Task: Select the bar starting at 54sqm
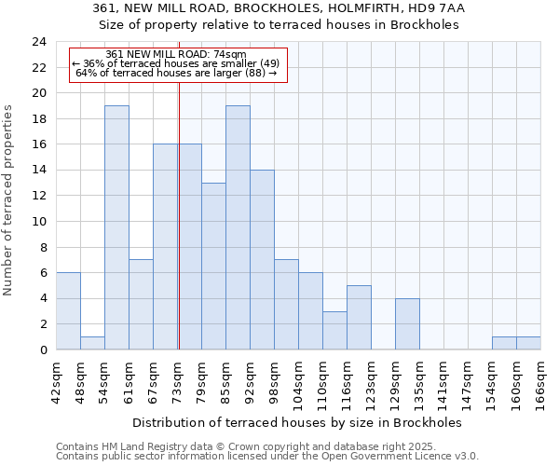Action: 116,227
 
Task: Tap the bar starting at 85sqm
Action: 238,227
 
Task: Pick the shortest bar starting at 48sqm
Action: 92,343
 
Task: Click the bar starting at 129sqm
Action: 407,323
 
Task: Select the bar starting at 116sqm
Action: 359,317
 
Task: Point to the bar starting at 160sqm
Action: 528,343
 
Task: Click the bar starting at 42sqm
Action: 68,311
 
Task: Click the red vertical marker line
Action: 178,233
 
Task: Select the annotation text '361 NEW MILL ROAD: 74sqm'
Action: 176,55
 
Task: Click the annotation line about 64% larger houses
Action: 176,74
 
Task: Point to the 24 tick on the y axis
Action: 39,42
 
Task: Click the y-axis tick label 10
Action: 39,222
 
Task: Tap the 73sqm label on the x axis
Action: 178,379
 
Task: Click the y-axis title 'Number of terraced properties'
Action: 8,199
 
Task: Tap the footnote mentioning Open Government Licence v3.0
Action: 267,457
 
